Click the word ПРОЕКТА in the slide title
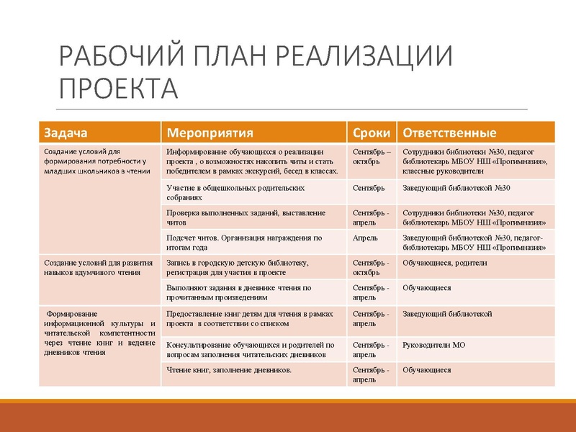coord(117,88)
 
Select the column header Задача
coord(66,133)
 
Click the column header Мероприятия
coord(210,133)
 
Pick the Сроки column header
coord(372,133)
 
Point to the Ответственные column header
coord(449,133)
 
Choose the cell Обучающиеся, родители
coord(445,263)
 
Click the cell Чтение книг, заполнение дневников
coord(229,370)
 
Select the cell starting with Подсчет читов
coord(244,242)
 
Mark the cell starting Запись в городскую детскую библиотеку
coord(238,267)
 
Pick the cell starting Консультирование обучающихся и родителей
coord(250,349)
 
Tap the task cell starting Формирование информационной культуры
coord(99,333)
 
